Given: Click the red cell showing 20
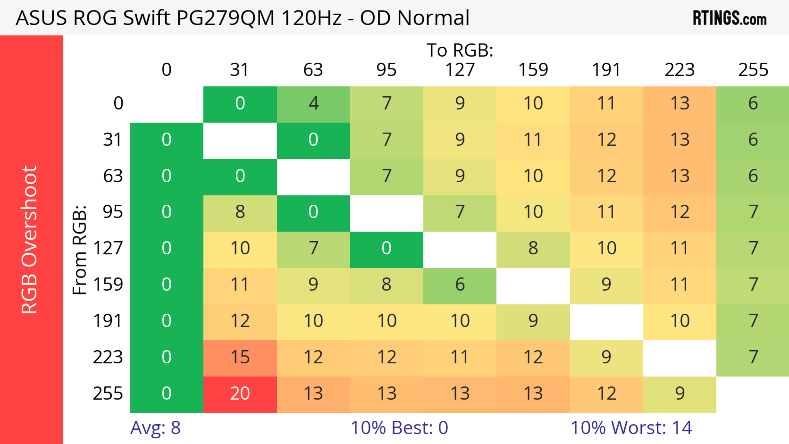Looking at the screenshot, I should [240, 394].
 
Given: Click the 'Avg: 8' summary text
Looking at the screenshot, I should [155, 428].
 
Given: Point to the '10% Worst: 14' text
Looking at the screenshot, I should [631, 428].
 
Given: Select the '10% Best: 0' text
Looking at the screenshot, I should [399, 428].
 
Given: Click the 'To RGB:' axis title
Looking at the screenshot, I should [460, 50].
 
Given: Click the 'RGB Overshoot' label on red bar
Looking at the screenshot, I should [29, 239].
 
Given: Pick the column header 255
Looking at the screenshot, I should [753, 70].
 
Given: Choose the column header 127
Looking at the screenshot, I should [460, 70].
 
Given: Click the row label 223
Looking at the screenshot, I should [108, 357].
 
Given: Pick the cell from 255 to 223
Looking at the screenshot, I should [680, 394].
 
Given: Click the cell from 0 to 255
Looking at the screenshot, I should [753, 104].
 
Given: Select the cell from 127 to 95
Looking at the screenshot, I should [386, 249].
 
